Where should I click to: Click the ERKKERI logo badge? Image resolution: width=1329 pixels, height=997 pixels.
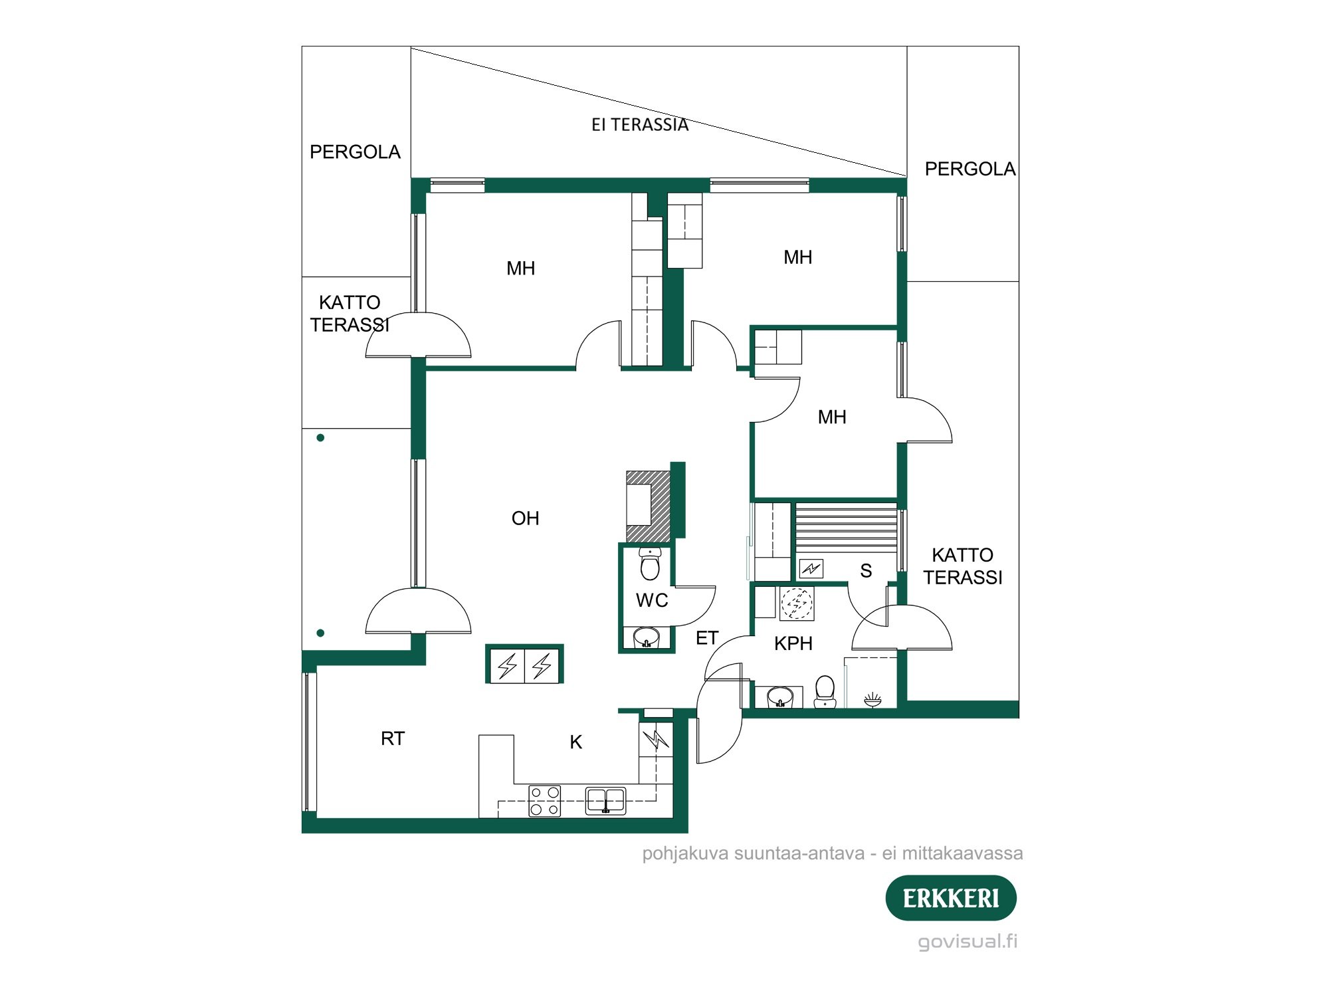tap(950, 898)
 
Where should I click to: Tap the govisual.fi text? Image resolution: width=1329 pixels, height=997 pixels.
tap(967, 941)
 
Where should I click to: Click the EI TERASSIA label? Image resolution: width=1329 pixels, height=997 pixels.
tap(639, 125)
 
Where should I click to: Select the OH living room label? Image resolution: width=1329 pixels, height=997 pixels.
tap(525, 518)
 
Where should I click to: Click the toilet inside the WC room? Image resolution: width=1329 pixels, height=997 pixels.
tap(649, 565)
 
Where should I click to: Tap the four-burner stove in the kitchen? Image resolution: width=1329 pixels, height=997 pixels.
tap(544, 801)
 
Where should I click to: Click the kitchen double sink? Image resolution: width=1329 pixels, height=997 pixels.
tap(605, 801)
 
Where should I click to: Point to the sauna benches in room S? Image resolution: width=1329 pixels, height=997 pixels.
tap(846, 528)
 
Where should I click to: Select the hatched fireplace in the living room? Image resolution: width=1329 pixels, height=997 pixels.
tap(648, 506)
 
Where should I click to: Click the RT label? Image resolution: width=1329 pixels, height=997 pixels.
tap(392, 738)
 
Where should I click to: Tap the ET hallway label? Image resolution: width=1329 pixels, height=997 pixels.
tap(706, 638)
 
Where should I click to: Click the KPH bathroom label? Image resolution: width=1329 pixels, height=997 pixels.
tap(793, 643)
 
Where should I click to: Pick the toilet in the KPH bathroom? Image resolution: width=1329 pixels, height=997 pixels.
tap(825, 691)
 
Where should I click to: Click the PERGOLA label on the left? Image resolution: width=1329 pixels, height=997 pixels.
tap(355, 152)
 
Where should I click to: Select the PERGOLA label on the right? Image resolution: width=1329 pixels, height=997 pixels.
tap(970, 169)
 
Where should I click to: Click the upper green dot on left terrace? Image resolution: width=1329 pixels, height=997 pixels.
tap(320, 437)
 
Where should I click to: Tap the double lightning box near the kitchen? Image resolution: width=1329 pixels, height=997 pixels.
tap(524, 665)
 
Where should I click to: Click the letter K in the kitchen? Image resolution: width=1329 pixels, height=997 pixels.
tap(575, 742)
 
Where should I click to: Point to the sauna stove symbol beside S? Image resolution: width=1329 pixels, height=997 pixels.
tap(811, 568)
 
